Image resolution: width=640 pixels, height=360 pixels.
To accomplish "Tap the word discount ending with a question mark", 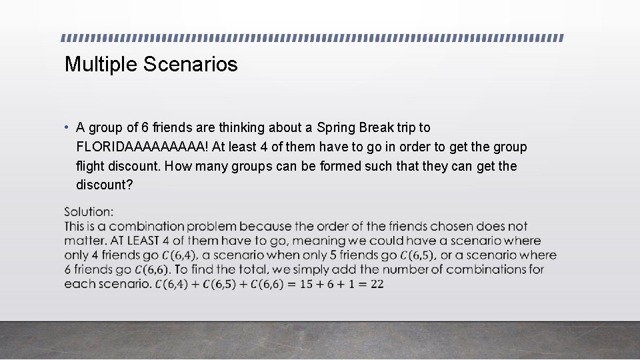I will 104,185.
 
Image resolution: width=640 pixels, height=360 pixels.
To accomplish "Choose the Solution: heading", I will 89,212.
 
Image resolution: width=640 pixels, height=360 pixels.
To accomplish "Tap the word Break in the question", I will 377,127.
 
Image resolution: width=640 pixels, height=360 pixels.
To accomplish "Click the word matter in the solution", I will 83,241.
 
